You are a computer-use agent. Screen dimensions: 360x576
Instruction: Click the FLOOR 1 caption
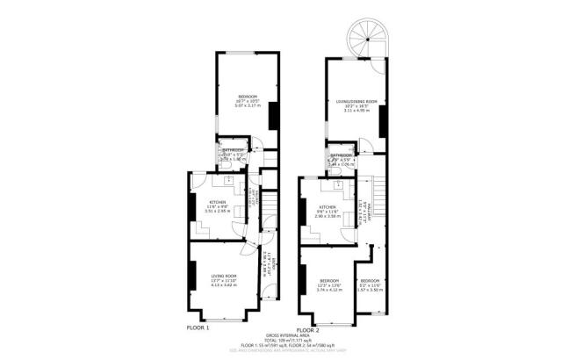pos(198,327)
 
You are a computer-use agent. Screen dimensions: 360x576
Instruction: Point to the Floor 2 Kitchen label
pos(328,207)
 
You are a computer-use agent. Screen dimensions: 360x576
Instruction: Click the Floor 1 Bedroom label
pos(248,96)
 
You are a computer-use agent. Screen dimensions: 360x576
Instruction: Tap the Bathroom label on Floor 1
pos(233,150)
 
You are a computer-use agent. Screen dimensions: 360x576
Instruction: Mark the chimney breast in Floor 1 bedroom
pos(272,114)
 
